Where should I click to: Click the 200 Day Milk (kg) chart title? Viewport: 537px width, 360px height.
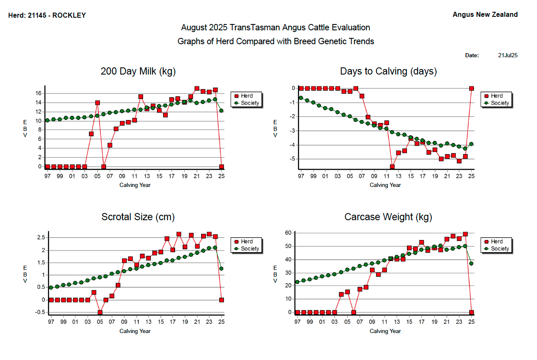click(x=138, y=71)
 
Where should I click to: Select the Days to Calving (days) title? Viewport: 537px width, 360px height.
click(x=388, y=71)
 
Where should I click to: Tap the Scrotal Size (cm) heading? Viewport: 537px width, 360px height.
click(x=138, y=217)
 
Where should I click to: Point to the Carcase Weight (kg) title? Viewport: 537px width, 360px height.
click(x=388, y=217)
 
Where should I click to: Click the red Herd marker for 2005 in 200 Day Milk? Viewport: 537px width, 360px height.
click(x=98, y=102)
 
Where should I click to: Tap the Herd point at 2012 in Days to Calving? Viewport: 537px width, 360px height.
click(x=392, y=167)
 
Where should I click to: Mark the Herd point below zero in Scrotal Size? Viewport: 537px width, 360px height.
click(x=100, y=312)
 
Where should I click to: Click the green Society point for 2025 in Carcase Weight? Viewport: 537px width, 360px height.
click(x=471, y=263)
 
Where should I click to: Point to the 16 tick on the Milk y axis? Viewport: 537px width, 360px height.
click(x=38, y=93)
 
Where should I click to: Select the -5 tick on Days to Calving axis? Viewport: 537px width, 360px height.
click(x=290, y=159)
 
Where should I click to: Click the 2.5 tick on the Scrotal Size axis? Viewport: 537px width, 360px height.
click(x=40, y=237)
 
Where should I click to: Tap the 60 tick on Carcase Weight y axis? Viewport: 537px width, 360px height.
click(x=288, y=232)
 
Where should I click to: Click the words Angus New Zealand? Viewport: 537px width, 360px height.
click(x=485, y=15)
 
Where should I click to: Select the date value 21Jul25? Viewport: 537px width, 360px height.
click(x=508, y=55)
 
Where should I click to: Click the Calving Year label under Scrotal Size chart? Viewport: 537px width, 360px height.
click(x=135, y=331)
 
